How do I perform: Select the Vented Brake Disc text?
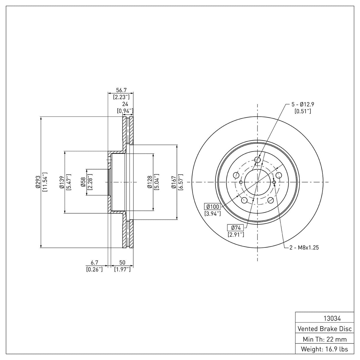click(x=325, y=329)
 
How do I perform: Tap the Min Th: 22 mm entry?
click(x=325, y=339)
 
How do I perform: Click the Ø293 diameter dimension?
click(x=38, y=182)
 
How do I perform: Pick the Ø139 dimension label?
click(x=62, y=182)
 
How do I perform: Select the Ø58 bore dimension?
click(x=83, y=182)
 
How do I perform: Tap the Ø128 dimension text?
click(x=150, y=182)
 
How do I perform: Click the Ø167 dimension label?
click(x=174, y=182)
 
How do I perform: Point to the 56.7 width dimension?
click(x=121, y=90)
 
